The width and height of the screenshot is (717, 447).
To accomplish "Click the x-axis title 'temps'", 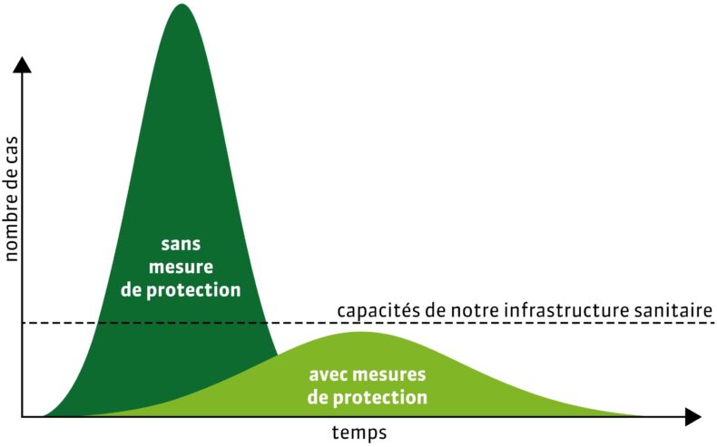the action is (x=359, y=432).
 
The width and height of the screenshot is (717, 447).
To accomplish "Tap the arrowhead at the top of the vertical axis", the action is (x=22, y=64).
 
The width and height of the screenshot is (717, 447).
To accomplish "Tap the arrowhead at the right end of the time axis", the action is (x=692, y=417).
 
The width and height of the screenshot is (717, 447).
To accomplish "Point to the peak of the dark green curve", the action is (x=182, y=5).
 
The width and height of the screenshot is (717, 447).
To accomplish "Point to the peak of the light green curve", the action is (x=361, y=333).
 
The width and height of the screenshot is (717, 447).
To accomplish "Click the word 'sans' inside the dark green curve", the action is (x=181, y=244).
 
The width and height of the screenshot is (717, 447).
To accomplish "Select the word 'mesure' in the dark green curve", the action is (x=182, y=267).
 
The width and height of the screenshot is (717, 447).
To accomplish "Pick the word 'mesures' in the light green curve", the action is (x=389, y=374).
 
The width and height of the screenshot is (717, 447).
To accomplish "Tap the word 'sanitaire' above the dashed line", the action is (x=674, y=310).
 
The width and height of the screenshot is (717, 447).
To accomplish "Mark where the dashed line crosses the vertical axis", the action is (x=22, y=324).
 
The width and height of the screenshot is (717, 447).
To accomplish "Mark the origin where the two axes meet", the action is (x=22, y=417).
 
